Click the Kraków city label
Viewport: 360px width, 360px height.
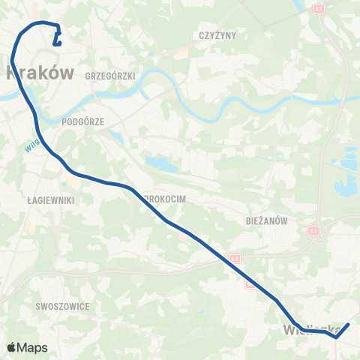pos(41,73)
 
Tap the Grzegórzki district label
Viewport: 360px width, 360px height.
pos(109,76)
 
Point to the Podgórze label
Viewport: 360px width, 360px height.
pos(84,120)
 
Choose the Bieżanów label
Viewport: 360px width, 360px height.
pos(267,221)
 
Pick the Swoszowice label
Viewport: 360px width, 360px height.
pos(62,306)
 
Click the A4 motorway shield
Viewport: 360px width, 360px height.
pos(235,256)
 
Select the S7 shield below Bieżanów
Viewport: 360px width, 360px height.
pos(313,231)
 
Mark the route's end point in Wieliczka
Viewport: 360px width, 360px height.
pos(348,325)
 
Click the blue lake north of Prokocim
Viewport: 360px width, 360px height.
pos(159,163)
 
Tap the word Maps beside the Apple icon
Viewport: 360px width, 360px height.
pos(33,348)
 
